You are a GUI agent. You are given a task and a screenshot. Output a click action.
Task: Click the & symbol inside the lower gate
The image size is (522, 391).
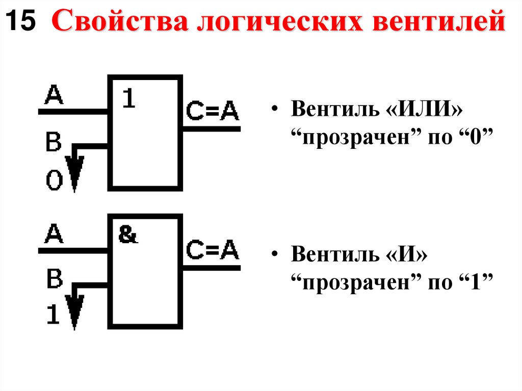pyautogui.click(x=128, y=235)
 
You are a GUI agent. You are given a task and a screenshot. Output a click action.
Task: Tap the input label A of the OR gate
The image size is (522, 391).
pyautogui.click(x=55, y=95)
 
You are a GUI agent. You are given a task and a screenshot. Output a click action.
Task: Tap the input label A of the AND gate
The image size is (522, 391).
pyautogui.click(x=55, y=234)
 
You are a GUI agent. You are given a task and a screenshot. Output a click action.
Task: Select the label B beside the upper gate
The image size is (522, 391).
pyautogui.click(x=54, y=143)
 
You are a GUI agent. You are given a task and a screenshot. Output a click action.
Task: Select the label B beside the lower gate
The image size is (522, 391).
pyautogui.click(x=54, y=280)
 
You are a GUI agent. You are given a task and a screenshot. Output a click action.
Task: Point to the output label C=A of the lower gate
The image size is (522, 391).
pyautogui.click(x=212, y=249)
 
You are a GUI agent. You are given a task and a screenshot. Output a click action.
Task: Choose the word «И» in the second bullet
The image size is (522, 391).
pyautogui.click(x=408, y=254)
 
